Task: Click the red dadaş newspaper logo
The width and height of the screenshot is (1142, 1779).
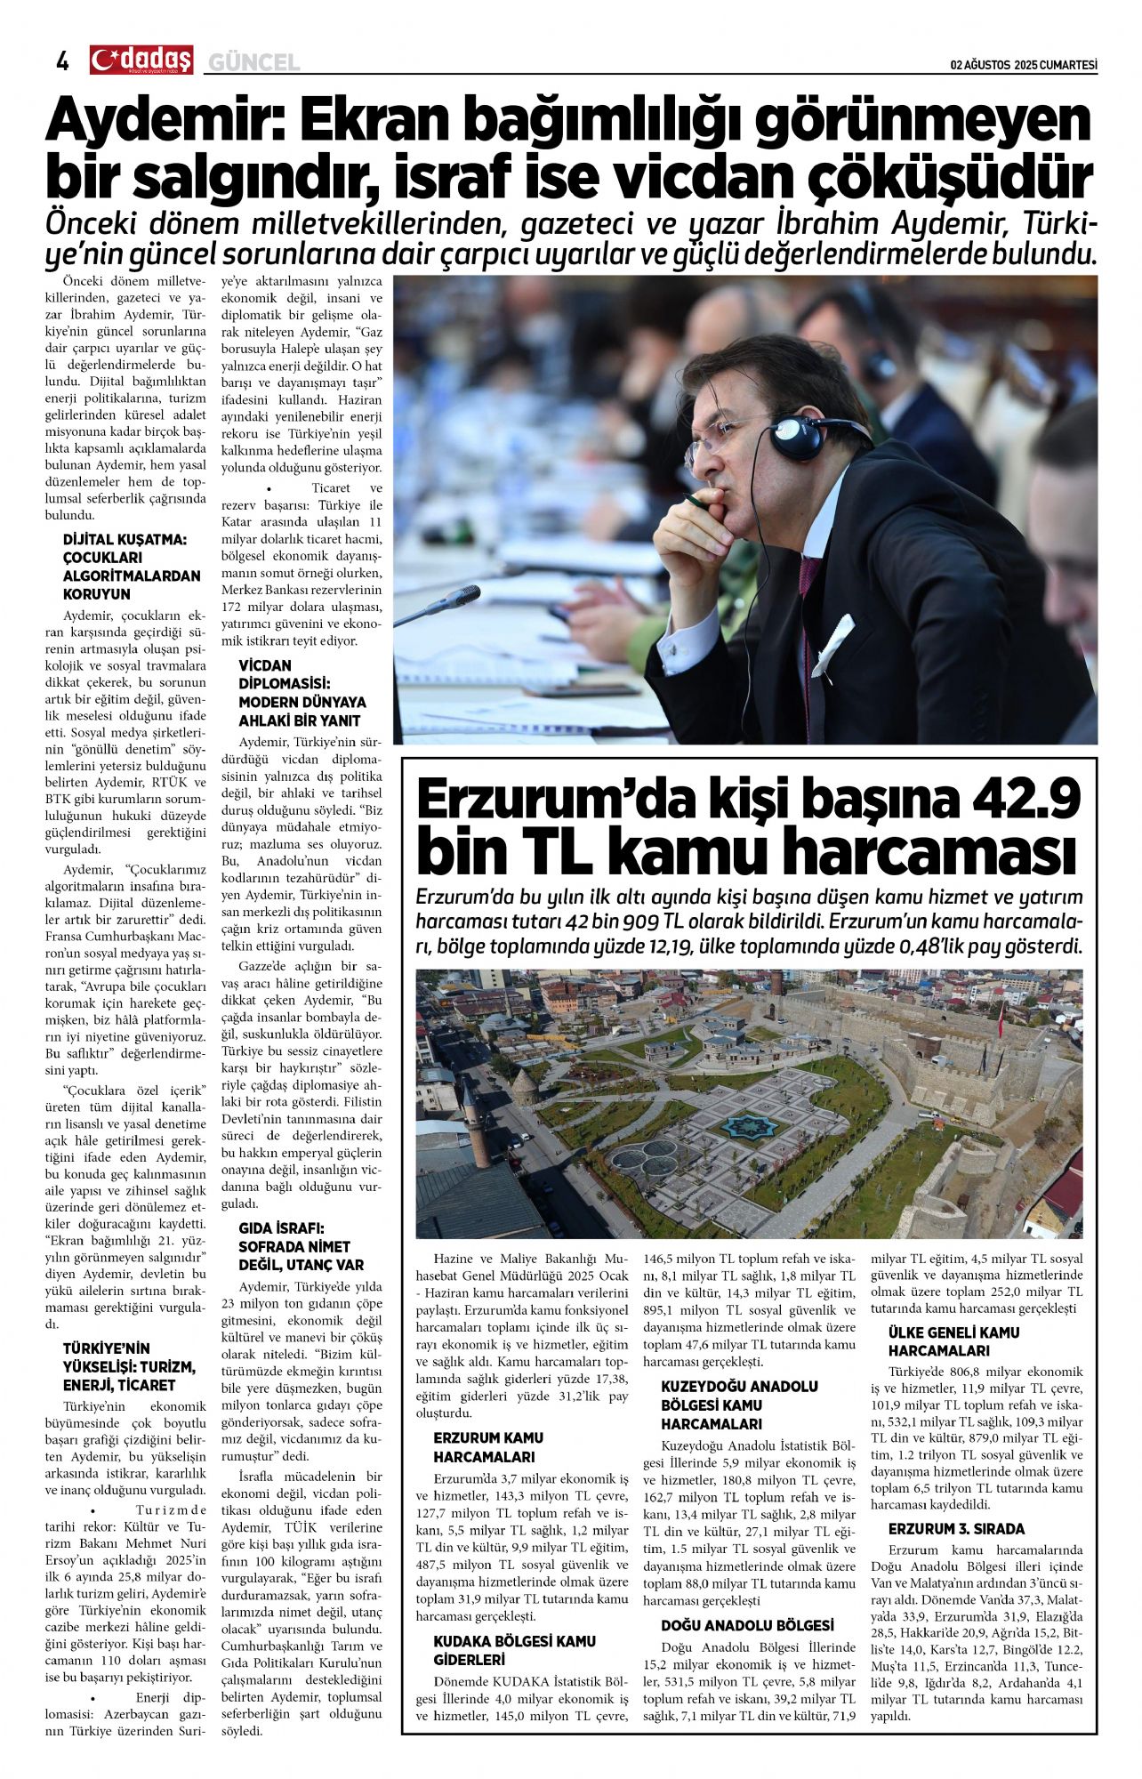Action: click(x=141, y=60)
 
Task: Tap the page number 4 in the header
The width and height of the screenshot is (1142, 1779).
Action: click(x=62, y=60)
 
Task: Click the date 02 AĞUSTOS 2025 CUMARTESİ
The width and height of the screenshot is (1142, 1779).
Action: click(x=1024, y=65)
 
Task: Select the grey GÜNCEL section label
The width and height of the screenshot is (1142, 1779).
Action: click(x=253, y=62)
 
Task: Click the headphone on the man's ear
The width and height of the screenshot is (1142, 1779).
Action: click(x=796, y=436)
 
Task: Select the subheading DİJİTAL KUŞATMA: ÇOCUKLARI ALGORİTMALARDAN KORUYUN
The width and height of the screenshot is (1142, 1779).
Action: click(x=132, y=567)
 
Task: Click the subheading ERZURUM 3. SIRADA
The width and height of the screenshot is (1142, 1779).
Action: click(x=956, y=1529)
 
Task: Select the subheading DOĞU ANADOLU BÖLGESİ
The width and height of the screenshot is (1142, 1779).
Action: click(x=747, y=1625)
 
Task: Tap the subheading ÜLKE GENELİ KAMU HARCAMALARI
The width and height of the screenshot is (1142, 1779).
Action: click(x=953, y=1341)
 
